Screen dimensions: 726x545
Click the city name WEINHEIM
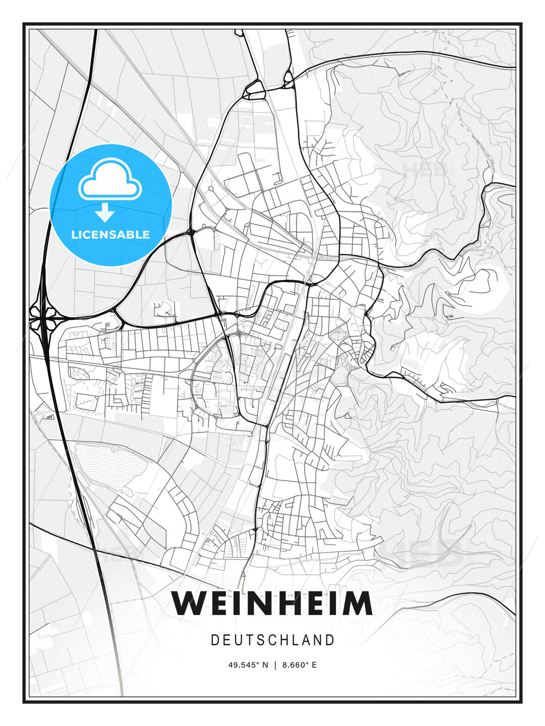[272, 603]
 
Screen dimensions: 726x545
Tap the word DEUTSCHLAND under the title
[272, 640]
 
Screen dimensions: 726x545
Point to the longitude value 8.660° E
[299, 665]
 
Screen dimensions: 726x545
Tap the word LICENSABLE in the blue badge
[111, 234]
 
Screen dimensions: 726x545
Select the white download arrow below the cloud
[105, 212]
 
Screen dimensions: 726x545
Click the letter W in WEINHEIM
[189, 603]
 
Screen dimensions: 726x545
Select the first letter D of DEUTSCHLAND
[214, 640]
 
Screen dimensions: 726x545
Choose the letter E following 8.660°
[314, 665]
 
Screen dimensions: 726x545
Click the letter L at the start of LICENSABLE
[74, 234]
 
